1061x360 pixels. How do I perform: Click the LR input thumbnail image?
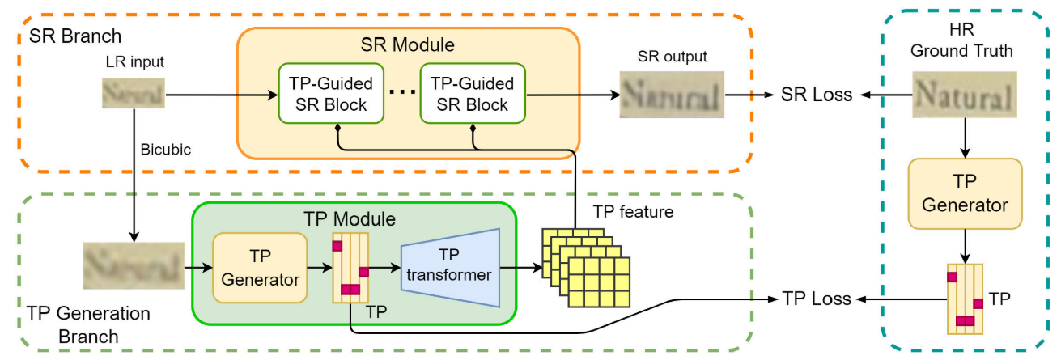click(134, 93)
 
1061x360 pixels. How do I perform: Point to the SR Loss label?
click(816, 95)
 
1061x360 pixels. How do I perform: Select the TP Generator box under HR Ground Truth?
click(965, 193)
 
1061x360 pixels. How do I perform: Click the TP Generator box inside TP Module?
click(260, 269)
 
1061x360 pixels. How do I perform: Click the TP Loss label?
click(816, 299)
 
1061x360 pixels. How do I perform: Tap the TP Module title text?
click(349, 218)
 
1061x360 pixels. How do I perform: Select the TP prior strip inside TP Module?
click(351, 268)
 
